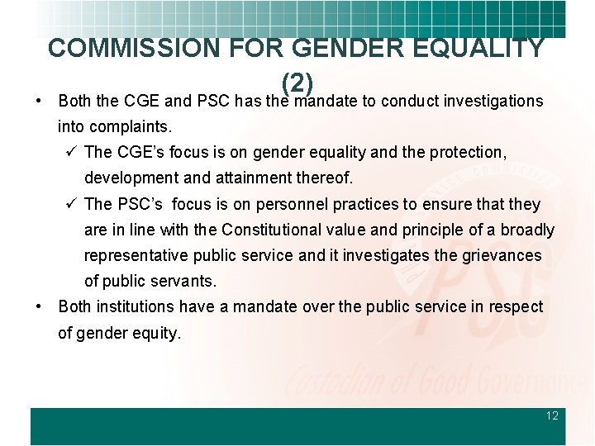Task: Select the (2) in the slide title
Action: [x=296, y=83]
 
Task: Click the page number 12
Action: [x=552, y=415]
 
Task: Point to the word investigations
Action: [x=493, y=102]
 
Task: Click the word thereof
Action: [x=324, y=178]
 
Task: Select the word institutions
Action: [x=134, y=306]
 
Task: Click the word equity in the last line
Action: [x=158, y=333]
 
